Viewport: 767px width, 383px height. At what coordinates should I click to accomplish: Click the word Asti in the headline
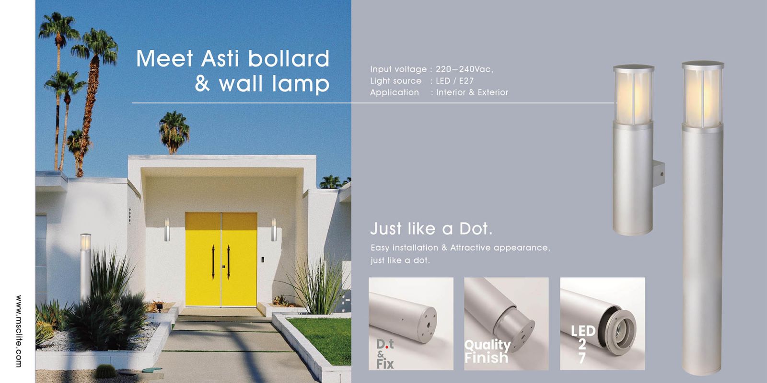coord(220,58)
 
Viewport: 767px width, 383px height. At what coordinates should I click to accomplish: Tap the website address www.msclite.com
coord(19,331)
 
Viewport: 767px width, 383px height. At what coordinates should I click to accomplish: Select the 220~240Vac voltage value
coord(465,69)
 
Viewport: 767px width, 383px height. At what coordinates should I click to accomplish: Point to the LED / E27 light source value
coord(455,81)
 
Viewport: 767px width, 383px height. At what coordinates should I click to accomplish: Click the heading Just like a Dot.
coord(431,228)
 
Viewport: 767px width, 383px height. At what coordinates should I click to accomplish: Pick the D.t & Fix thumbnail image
coord(411,324)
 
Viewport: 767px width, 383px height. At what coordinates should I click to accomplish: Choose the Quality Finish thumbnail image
coord(506,324)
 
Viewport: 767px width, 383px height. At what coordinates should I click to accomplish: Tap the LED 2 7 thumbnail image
coord(602,324)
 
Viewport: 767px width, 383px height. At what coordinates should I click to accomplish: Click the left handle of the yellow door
coord(213,262)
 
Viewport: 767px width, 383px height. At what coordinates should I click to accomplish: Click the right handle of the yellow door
coord(228,262)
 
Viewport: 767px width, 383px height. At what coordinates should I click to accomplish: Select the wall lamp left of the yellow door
coord(167,230)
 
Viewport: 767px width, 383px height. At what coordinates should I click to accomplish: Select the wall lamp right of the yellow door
coord(274,230)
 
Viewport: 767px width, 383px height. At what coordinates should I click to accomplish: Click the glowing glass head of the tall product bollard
coord(703,95)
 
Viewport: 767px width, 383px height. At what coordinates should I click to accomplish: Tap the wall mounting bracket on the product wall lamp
coord(659,174)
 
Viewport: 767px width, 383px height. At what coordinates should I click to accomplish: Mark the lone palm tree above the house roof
coord(174,132)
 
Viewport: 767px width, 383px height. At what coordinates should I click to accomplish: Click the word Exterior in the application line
coord(493,92)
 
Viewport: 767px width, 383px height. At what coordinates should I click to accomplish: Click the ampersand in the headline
coord(202,84)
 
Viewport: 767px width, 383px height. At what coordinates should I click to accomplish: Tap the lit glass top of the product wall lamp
coord(633,95)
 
